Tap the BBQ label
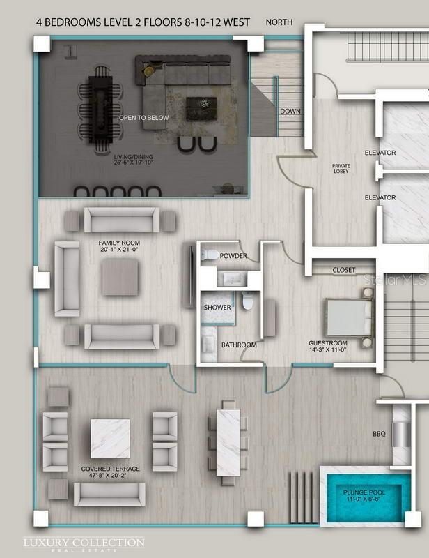coord(379,434)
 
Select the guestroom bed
coord(349,317)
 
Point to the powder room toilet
coord(210,255)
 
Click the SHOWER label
coord(217,307)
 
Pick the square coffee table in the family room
coord(120,277)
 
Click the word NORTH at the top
coord(279,22)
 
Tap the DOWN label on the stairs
coord(290,111)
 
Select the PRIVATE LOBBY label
coord(341,169)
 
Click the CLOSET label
coord(344,270)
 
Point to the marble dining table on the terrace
coord(228,443)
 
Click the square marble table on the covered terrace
coord(110,439)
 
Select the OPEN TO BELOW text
coord(144,118)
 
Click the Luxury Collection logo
coord(84,544)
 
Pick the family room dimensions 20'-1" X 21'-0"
coord(119,250)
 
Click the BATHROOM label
coord(239,345)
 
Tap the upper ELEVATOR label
coord(380,153)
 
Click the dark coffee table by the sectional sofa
coord(201,109)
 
